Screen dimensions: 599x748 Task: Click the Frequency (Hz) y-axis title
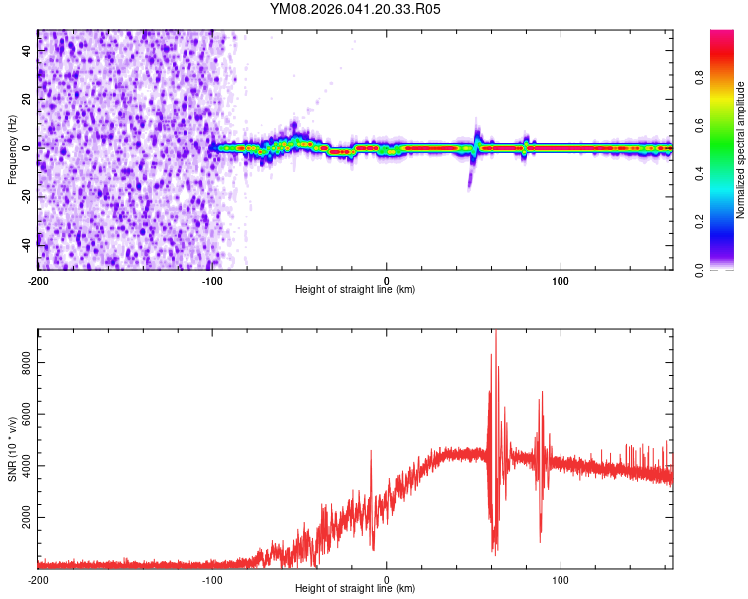(12, 150)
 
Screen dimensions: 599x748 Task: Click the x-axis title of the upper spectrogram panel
(355, 289)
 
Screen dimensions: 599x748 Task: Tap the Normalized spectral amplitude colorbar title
(741, 150)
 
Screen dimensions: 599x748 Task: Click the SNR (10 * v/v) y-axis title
(12, 449)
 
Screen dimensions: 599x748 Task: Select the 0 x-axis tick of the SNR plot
(387, 579)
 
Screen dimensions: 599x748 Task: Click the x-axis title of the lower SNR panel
(355, 589)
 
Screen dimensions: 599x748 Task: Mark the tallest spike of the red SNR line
(495, 332)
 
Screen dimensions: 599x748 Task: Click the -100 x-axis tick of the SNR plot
(212, 579)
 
